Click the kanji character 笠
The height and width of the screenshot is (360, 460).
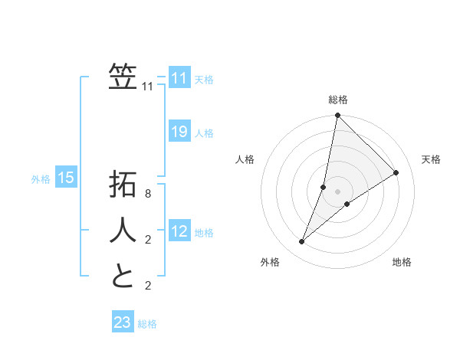pyautogui.click(x=123, y=77)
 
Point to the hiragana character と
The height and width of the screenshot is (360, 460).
pyautogui.click(x=123, y=275)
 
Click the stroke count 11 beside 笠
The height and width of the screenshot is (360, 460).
pyautogui.click(x=148, y=87)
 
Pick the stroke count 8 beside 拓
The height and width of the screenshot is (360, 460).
pyautogui.click(x=148, y=194)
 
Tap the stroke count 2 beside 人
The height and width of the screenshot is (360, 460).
pyautogui.click(x=148, y=240)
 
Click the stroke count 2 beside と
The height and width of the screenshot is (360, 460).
pyautogui.click(x=148, y=286)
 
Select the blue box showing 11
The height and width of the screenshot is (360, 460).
pyautogui.click(x=179, y=78)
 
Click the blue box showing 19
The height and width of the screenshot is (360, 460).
pyautogui.click(x=179, y=132)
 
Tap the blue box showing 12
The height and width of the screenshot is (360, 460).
pyautogui.click(x=179, y=231)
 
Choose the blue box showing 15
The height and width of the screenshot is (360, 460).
pyautogui.click(x=66, y=178)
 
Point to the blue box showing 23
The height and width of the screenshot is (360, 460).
pyautogui.click(x=123, y=322)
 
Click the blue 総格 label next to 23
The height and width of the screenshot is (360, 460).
pyautogui.click(x=147, y=324)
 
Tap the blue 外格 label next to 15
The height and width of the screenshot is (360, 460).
pyautogui.click(x=41, y=179)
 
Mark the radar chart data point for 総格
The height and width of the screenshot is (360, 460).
pyautogui.click(x=337, y=116)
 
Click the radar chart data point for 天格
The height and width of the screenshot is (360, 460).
pyautogui.click(x=396, y=173)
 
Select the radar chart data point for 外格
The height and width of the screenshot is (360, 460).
pyautogui.click(x=302, y=242)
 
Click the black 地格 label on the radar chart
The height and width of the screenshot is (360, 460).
pyautogui.click(x=402, y=262)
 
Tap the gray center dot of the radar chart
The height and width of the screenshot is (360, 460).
pyautogui.click(x=337, y=191)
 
